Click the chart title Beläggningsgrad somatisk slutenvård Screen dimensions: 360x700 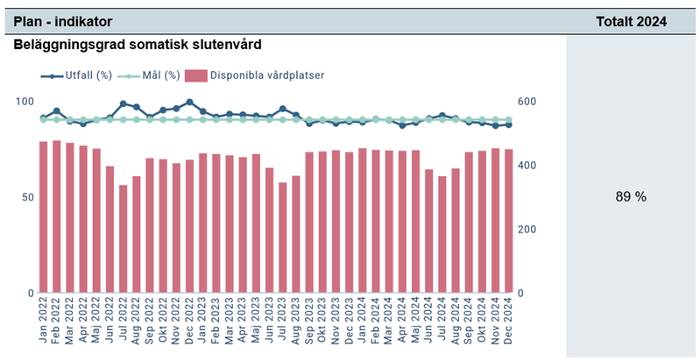point(138,44)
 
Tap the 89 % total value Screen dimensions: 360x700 point(631,197)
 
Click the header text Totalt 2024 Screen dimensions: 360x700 point(631,21)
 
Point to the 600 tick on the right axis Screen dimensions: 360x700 point(527,102)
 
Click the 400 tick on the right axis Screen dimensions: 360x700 point(527,166)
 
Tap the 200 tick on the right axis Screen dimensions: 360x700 point(527,229)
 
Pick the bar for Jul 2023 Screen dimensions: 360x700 point(282,237)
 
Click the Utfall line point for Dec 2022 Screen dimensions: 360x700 point(189,102)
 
